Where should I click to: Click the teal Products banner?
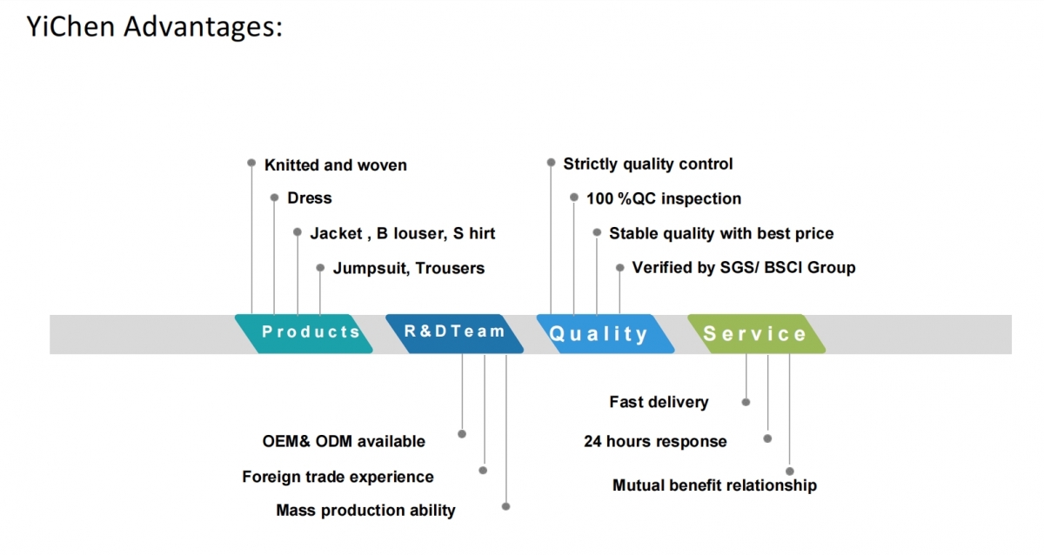tap(304, 334)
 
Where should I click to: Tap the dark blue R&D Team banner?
tap(454, 334)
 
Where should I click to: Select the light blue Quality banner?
tap(606, 334)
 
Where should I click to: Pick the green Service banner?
tap(756, 334)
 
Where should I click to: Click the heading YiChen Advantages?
tap(154, 26)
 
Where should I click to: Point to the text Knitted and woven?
tap(336, 165)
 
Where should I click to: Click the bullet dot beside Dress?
tap(275, 197)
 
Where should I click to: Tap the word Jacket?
tap(336, 233)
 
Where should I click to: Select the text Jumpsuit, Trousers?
tap(409, 269)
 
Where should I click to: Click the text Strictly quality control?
tap(648, 164)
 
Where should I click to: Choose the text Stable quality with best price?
tap(721, 233)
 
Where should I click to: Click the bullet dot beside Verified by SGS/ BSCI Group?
tap(619, 267)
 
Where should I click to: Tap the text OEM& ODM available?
tap(344, 441)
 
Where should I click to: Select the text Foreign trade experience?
tap(338, 478)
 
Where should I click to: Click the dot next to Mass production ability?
tap(505, 506)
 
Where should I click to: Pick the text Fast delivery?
tap(659, 402)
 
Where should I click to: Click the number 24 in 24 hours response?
tap(593, 441)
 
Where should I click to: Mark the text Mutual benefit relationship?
tap(714, 485)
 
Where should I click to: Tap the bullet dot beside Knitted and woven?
tap(251, 163)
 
